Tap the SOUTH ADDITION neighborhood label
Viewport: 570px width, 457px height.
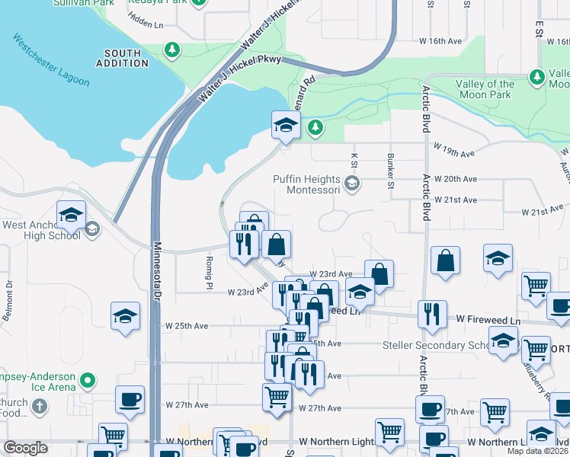[123, 59]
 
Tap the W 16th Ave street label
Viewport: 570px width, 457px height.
[440, 41]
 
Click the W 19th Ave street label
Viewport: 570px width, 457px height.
[454, 152]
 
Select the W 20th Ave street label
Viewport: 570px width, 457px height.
[455, 179]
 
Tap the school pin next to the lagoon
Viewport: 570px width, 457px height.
[285, 126]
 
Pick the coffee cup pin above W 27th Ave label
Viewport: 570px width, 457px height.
[130, 399]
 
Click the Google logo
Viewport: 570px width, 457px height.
[25, 448]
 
